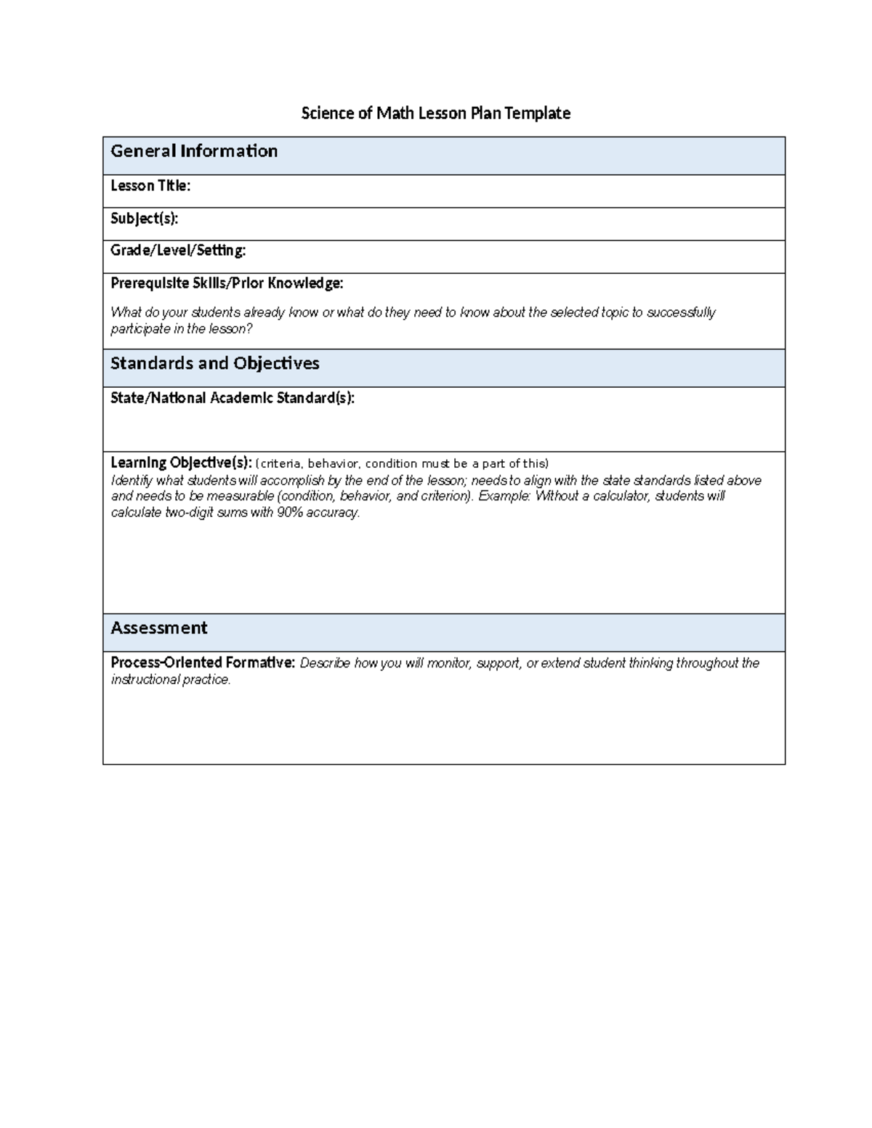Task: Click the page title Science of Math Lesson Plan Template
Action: pos(435,113)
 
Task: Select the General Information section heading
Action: pos(194,151)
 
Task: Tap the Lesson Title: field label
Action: pos(150,186)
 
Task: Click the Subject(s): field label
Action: pos(144,218)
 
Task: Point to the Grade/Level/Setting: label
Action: pos(178,251)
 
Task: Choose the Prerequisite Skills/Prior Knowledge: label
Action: pos(227,283)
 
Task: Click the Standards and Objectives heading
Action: pos(214,363)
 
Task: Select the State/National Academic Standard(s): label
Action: pos(233,398)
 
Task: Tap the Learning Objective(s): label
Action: pos(181,463)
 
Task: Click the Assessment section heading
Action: pos(158,628)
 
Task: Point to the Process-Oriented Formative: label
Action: pos(203,662)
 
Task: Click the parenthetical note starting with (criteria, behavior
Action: pos(403,463)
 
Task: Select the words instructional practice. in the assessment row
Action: pos(170,680)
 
